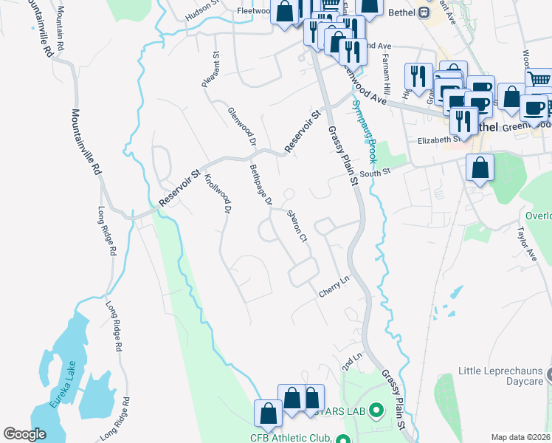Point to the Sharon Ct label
296,225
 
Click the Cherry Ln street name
333,288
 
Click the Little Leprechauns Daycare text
500,375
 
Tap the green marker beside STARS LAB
376,409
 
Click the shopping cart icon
539,78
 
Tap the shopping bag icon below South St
480,168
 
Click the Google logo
25,433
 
